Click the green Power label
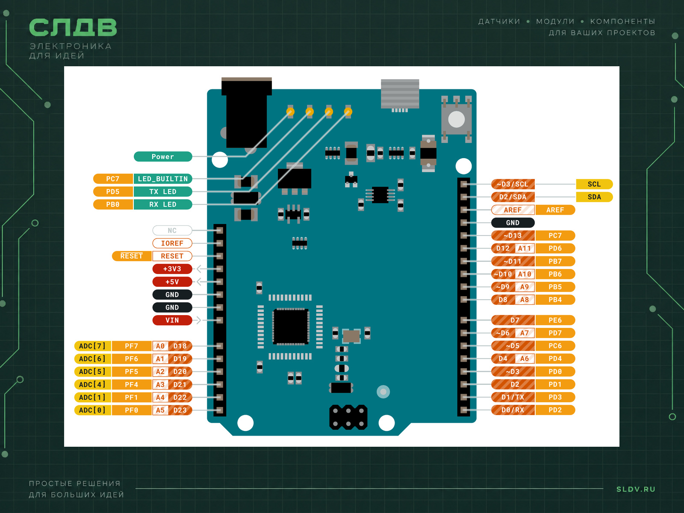coord(163,156)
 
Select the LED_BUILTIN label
coord(163,179)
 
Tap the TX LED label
coord(163,192)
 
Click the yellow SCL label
coord(594,184)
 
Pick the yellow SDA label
coord(594,197)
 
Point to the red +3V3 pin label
coord(172,269)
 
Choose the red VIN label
coord(172,320)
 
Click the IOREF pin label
coord(172,243)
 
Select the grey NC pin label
coord(172,230)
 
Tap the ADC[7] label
coord(92,346)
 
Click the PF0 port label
coord(132,410)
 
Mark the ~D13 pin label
coord(513,236)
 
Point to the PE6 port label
coord(555,320)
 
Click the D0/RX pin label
coord(513,410)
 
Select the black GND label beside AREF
coord(513,223)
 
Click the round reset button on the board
coord(456,119)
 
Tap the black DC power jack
coord(247,112)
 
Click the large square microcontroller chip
coord(291,327)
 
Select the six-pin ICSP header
coord(348,417)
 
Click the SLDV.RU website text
coord(636,489)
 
